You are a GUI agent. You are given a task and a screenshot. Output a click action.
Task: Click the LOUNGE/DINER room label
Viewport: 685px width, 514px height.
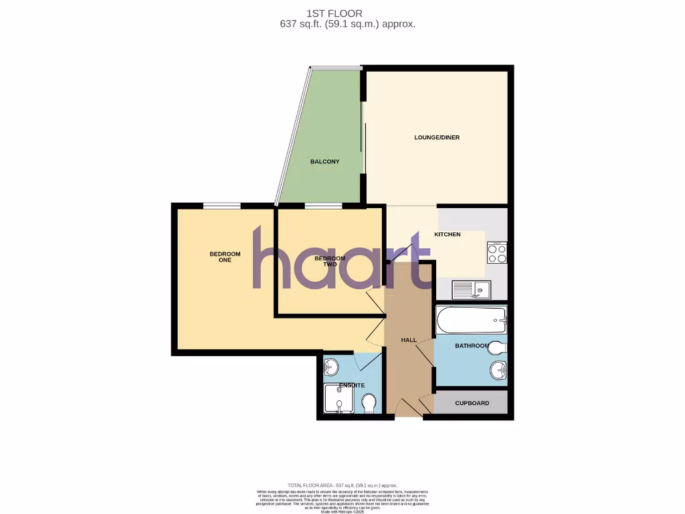point(437,137)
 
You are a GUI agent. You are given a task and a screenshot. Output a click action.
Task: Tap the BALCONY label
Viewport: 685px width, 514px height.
point(324,161)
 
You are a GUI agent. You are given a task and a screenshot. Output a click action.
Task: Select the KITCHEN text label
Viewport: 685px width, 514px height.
point(448,234)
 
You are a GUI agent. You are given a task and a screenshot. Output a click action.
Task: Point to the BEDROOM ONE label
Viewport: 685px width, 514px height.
point(225,256)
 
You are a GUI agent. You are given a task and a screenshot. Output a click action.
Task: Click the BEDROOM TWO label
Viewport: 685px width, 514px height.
point(330,262)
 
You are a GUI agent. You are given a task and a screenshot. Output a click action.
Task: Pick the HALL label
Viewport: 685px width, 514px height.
point(409,340)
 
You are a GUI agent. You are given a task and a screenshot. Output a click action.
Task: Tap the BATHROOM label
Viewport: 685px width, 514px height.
point(472,346)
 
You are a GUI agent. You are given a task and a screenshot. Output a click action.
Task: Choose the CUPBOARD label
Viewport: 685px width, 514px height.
point(472,403)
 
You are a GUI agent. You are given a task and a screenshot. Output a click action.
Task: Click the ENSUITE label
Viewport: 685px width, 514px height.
point(352,385)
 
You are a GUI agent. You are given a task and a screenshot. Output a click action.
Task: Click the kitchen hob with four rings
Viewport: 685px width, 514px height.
point(497,253)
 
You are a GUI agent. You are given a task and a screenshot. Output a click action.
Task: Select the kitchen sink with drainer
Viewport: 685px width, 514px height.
point(472,289)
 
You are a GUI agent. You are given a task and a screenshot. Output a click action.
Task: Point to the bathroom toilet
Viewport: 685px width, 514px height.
point(498,348)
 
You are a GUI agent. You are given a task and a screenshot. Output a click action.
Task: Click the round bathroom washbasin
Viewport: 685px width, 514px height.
point(497,370)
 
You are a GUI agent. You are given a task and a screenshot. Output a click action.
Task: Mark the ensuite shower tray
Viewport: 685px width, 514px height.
point(338,400)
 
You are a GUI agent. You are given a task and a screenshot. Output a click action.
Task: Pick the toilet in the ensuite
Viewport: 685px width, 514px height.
point(369,404)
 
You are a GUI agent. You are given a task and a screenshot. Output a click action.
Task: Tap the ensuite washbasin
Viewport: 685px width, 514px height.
point(331,367)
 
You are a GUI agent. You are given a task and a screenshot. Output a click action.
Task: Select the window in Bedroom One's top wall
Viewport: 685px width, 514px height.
point(222,205)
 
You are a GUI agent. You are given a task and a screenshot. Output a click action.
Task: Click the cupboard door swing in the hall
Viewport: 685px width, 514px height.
point(425,404)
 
